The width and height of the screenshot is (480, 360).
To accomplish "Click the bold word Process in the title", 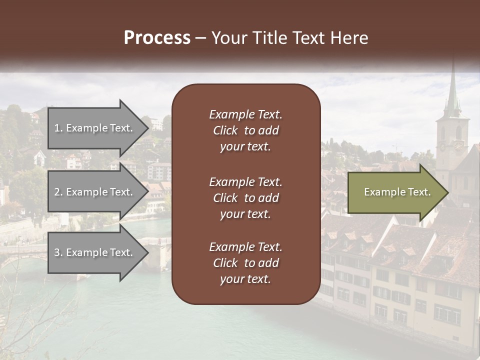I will pos(157,38).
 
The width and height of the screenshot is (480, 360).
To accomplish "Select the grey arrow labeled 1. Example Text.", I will pos(95,128).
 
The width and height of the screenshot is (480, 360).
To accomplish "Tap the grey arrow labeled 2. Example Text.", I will pos(95,192).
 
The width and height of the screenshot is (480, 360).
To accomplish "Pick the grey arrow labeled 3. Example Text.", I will pos(95,252).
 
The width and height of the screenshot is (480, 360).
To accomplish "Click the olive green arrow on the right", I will pos(395,192).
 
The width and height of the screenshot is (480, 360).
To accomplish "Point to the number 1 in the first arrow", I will pos(57,128).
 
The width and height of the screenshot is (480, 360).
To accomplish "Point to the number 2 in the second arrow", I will pos(57,192).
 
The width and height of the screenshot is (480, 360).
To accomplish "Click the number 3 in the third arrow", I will pos(57,252).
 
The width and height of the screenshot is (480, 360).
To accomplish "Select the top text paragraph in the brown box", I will pos(245,130).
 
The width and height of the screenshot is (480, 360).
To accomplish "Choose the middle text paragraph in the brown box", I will pos(245,198).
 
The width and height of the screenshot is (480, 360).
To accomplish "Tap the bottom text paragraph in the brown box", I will pos(245,263).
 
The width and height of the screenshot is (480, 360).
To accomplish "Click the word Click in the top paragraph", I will pos(225,130).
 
